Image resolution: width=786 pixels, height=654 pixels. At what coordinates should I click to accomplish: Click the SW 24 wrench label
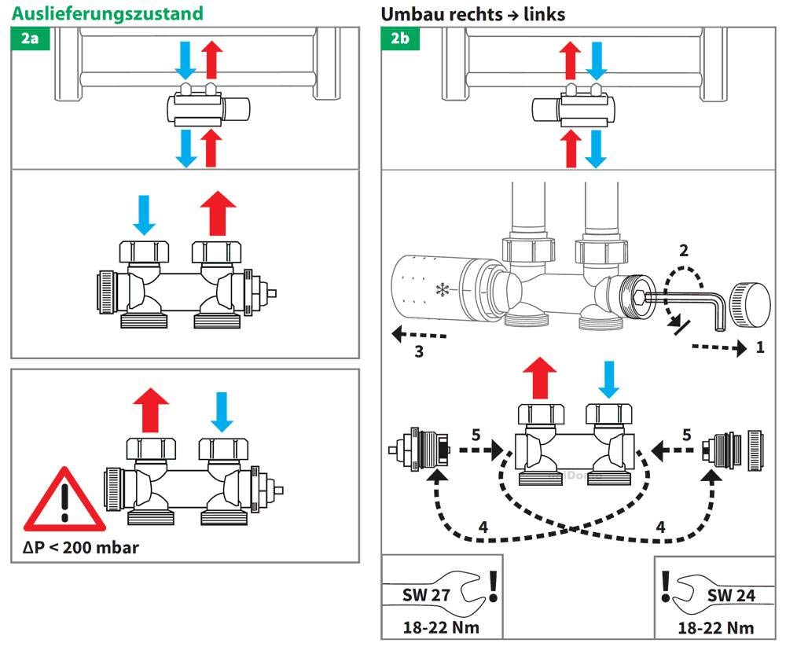tap(730, 596)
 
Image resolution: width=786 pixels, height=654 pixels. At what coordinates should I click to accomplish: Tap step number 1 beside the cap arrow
tap(759, 347)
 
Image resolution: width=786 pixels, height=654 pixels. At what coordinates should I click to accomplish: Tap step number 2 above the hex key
tap(683, 252)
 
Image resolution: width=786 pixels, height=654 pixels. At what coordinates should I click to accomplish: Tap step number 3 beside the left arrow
tap(419, 351)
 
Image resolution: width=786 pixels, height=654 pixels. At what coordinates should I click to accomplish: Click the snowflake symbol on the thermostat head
tap(443, 289)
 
